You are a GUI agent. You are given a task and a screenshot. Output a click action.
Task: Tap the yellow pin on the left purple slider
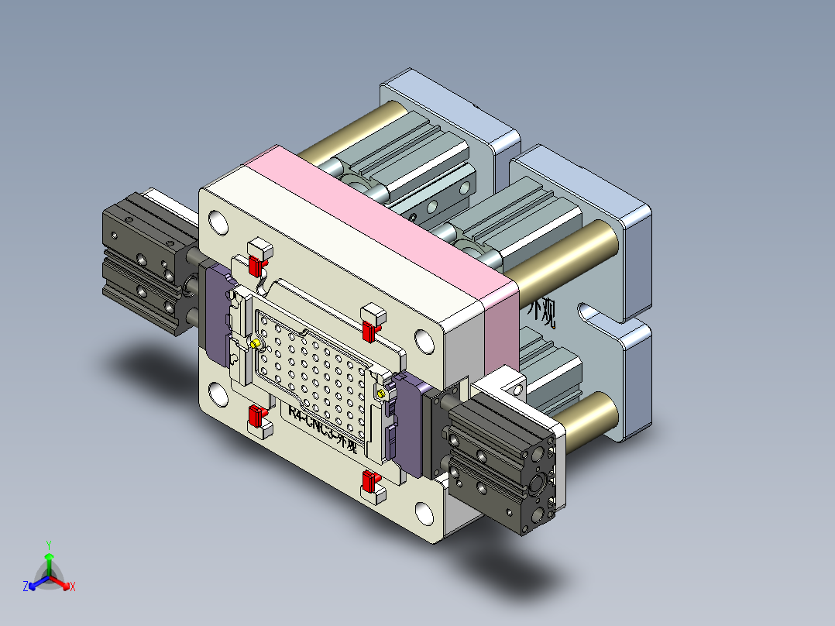[x=256, y=343]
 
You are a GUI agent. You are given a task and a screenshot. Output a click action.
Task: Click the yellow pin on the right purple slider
[x=380, y=394]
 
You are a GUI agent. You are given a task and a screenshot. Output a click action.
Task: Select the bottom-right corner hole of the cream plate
[x=424, y=512]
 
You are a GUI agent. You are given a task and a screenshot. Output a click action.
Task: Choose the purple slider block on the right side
[x=411, y=425]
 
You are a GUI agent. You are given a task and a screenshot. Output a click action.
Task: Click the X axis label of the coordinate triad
[x=73, y=587]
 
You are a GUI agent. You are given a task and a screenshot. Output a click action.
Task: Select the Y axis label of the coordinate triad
[x=48, y=545]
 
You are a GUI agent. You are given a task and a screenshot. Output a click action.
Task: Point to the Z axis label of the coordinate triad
[x=25, y=587]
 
